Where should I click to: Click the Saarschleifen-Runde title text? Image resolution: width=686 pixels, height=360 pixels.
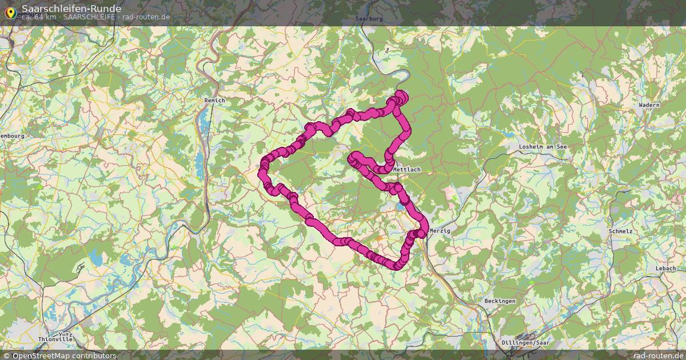pos(71,8)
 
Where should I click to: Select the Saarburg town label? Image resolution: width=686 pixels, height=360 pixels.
pos(368,19)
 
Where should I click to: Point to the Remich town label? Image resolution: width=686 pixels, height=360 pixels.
pos(215,101)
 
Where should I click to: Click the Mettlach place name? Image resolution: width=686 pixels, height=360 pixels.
pos(407,170)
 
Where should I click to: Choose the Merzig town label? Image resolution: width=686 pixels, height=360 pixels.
pos(440,230)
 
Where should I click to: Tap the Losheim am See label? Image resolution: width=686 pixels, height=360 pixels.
pos(542,147)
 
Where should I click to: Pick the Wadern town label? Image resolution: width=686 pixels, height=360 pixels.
pos(649,105)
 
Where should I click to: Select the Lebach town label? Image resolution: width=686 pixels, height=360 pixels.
pos(665,268)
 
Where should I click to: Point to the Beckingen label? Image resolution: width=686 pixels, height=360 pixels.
pos(500,301)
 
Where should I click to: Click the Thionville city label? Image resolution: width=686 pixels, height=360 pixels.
pos(55,339)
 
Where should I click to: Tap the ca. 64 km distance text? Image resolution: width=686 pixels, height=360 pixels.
pos(39,17)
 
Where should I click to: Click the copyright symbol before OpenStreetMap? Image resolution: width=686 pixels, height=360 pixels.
pos(6,355)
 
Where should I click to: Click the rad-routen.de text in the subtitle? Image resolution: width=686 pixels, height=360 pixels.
pos(146,17)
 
